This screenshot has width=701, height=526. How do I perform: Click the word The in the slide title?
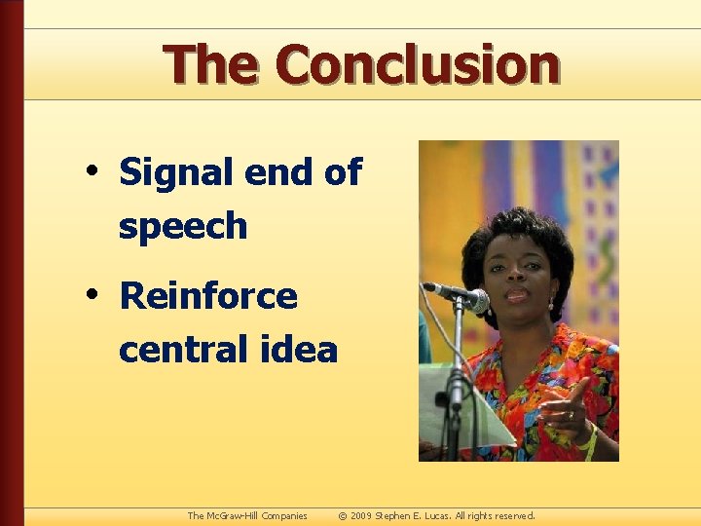[211, 65]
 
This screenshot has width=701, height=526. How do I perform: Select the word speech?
[183, 226]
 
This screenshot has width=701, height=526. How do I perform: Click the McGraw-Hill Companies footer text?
[247, 515]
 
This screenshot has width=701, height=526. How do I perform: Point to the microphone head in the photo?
[476, 300]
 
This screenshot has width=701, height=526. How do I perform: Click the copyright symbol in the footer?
[342, 515]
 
